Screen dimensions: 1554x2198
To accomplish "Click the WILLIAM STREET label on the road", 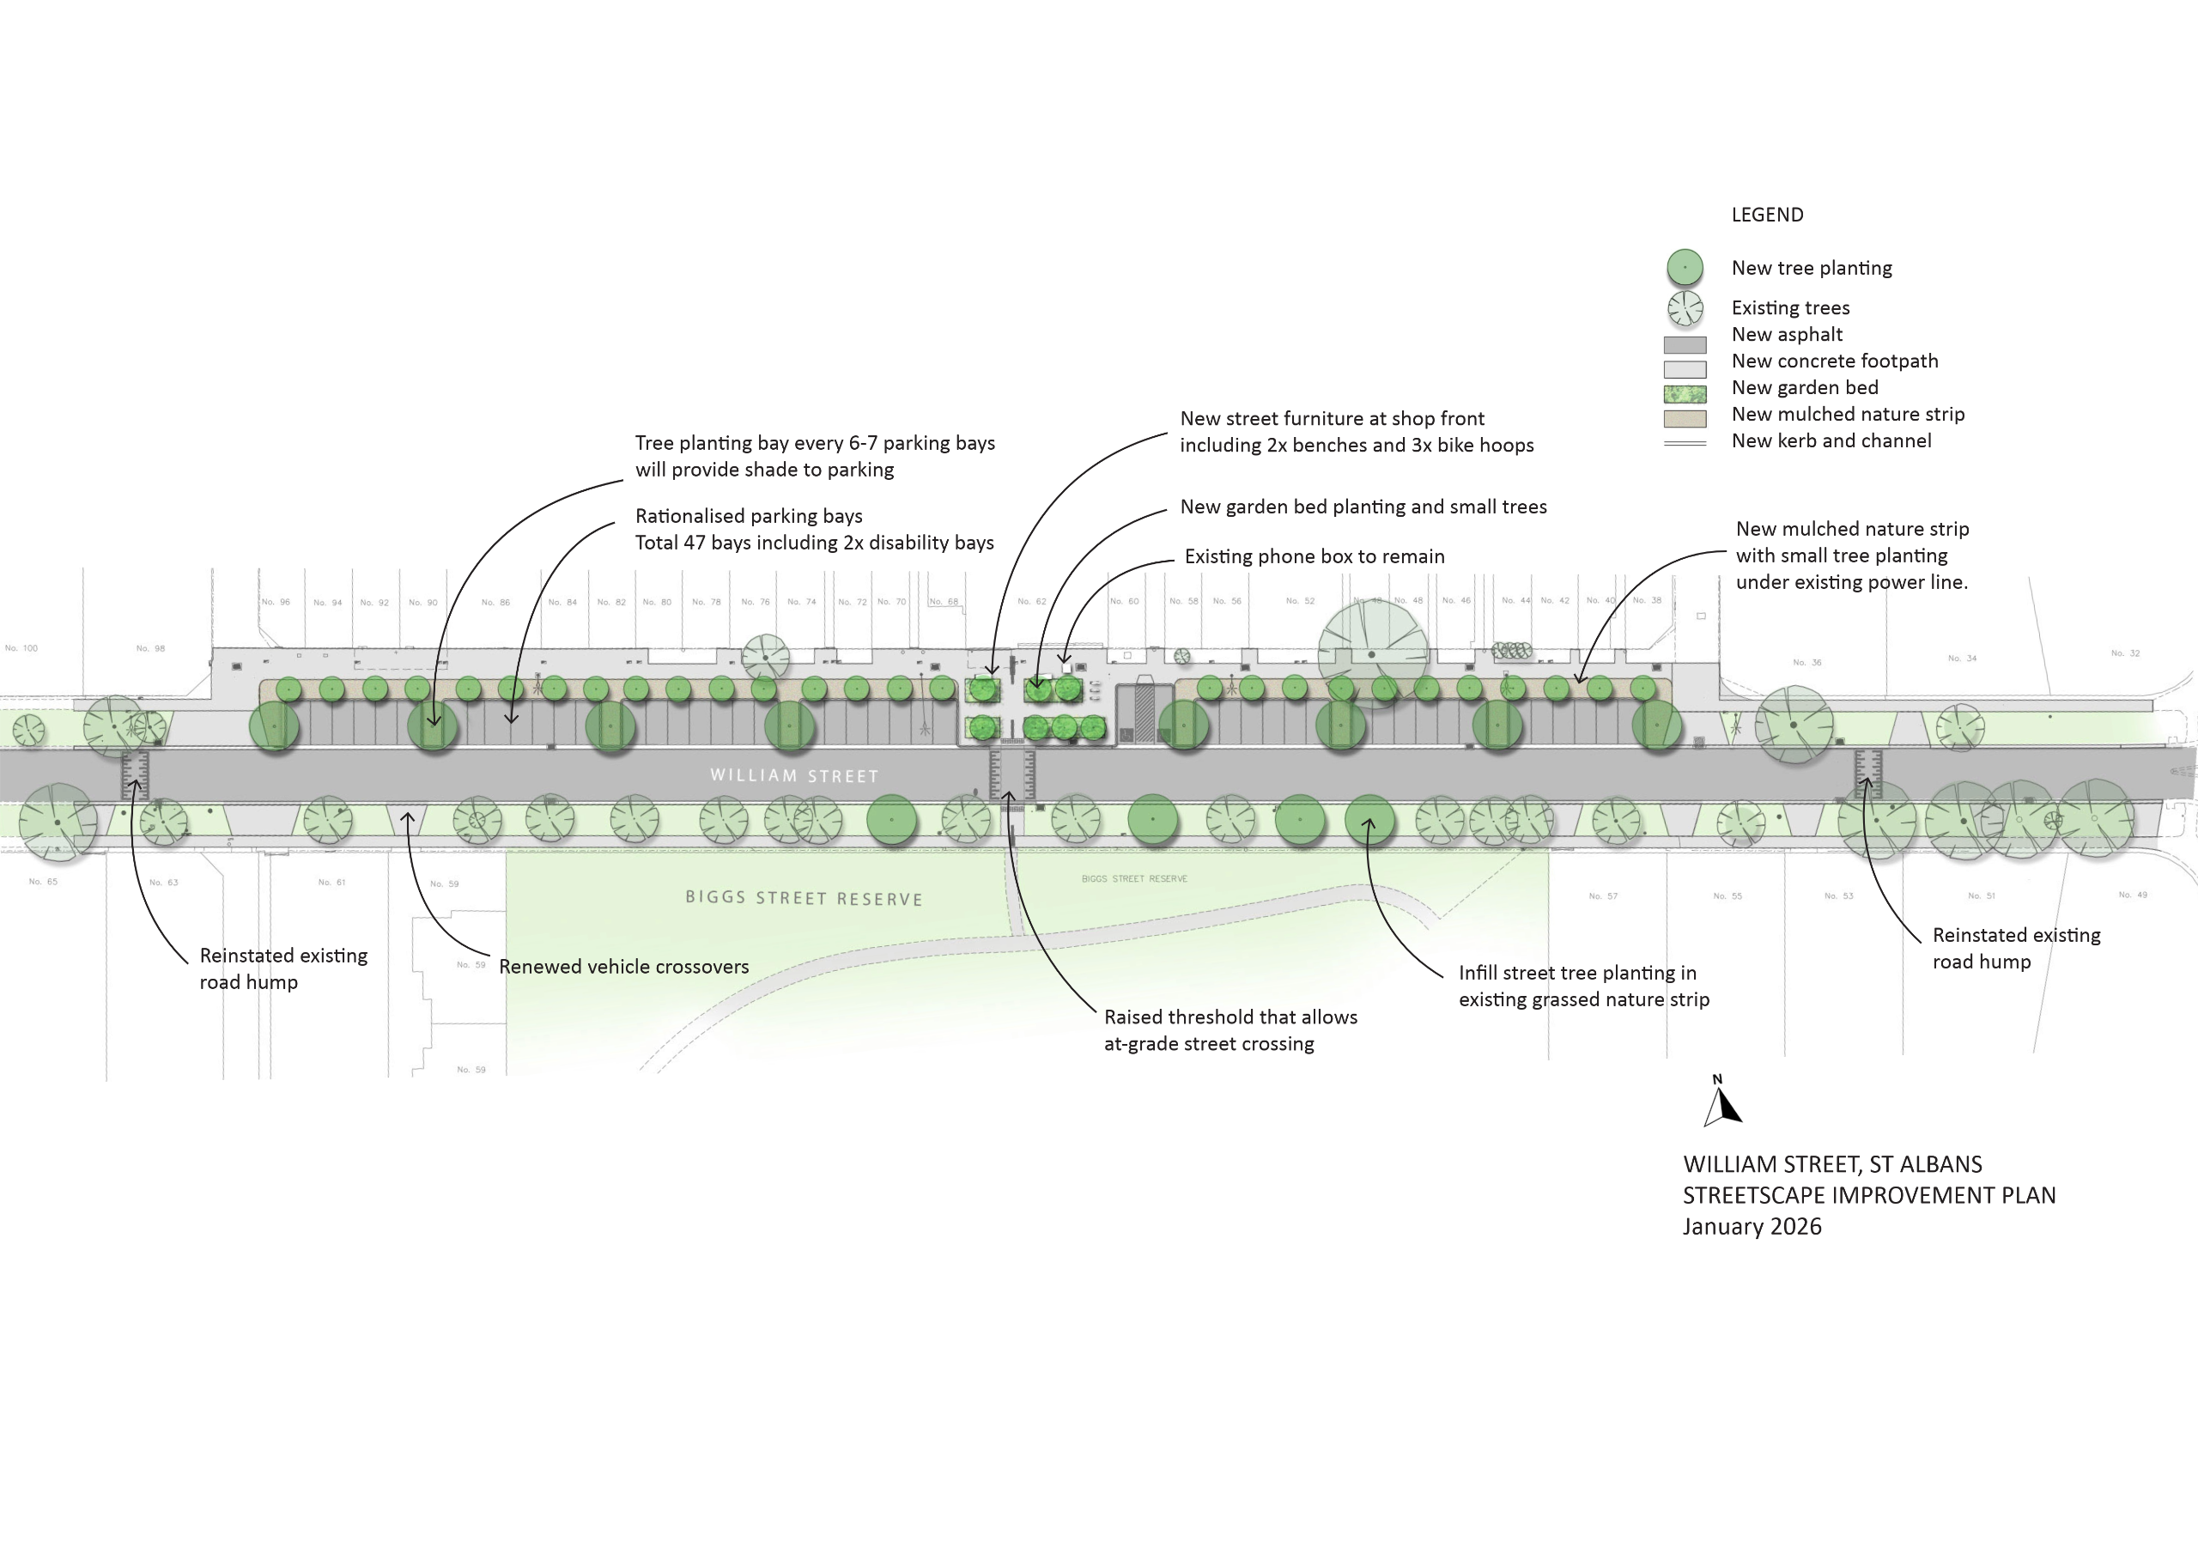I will (793, 775).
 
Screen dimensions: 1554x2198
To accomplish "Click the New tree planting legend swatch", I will (1685, 268).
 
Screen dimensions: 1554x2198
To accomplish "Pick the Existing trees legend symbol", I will (1685, 308).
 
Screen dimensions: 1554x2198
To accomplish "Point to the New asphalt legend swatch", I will (1685, 344).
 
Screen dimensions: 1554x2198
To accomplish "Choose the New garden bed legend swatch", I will (1685, 393).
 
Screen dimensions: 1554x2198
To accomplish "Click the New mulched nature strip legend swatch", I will (1685, 418).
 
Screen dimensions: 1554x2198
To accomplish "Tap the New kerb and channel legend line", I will (1685, 443).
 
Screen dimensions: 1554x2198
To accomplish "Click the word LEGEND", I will (1767, 215).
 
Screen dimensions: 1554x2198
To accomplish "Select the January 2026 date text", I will (1752, 1227).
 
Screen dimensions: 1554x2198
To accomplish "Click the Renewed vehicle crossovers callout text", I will (623, 967).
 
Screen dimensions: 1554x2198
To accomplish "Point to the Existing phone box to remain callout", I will (1315, 556).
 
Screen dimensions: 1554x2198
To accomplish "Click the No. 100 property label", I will (21, 648).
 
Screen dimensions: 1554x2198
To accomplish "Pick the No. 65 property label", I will (43, 882).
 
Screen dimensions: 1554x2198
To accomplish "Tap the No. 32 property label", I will (2124, 653).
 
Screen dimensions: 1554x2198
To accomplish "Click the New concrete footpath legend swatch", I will (1685, 369).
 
